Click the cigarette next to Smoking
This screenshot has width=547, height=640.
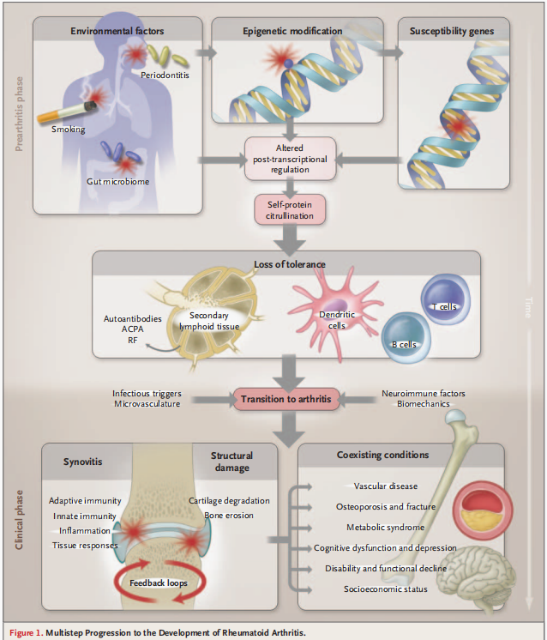(67, 112)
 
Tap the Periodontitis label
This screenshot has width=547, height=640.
(165, 75)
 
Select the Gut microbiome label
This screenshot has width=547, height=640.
(117, 182)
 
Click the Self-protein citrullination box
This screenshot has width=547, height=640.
(290, 210)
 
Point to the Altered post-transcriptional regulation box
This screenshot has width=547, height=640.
(290, 159)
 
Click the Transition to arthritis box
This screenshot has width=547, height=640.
(286, 399)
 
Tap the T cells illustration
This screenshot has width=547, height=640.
(446, 299)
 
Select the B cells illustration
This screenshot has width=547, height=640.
(406, 337)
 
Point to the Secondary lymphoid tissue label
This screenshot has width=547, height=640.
(209, 321)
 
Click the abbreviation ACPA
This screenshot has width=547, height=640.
(133, 329)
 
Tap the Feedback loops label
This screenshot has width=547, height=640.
(159, 583)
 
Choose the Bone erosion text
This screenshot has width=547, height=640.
(229, 516)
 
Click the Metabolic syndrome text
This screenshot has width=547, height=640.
(386, 528)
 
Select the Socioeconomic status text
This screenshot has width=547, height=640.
(386, 589)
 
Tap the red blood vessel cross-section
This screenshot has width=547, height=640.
(483, 510)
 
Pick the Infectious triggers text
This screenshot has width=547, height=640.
(147, 394)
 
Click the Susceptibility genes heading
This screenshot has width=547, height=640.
(452, 31)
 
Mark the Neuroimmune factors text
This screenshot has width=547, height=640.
(424, 394)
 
